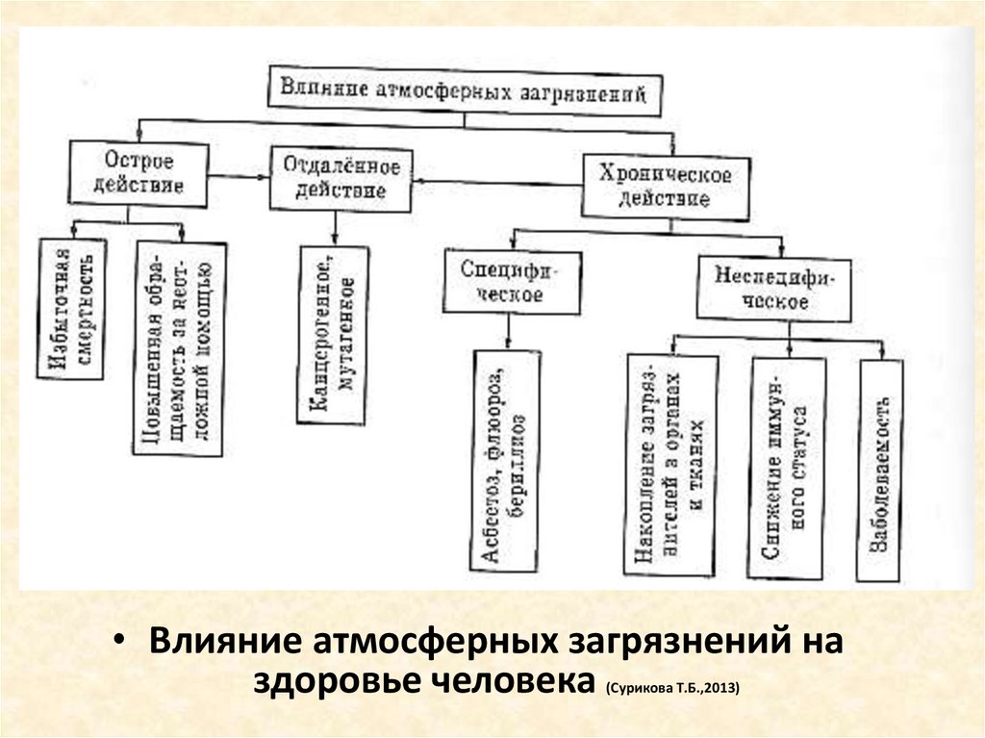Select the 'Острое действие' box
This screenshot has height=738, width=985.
pos(139,173)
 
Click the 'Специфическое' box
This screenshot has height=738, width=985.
pos(512,282)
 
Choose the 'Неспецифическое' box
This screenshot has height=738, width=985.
pos(773,288)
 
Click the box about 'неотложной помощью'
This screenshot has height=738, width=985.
pos(181,348)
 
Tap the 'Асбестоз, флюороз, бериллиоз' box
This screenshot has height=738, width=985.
pos(506,460)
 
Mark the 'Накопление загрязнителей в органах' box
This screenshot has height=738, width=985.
pos(671,466)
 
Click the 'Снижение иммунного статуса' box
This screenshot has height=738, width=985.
pos(786,468)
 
